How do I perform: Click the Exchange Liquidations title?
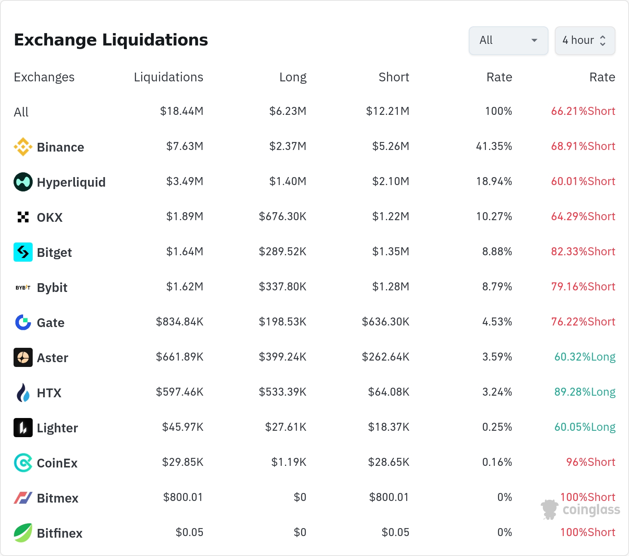pyautogui.click(x=111, y=40)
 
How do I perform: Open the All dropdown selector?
pyautogui.click(x=508, y=40)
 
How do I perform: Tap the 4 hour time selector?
pyautogui.click(x=585, y=40)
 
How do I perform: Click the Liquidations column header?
pyautogui.click(x=168, y=77)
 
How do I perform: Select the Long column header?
pyautogui.click(x=293, y=77)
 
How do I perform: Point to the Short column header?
pyautogui.click(x=394, y=77)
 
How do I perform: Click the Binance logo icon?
pyautogui.click(x=23, y=147)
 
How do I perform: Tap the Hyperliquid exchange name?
pyautogui.click(x=71, y=182)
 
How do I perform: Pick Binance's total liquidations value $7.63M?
pyautogui.click(x=185, y=146)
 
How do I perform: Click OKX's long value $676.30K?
pyautogui.click(x=283, y=217)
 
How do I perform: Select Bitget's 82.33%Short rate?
pyautogui.click(x=583, y=252)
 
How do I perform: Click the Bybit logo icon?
pyautogui.click(x=23, y=287)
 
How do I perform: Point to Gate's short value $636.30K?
pyautogui.click(x=385, y=322)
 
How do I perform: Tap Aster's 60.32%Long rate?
pyautogui.click(x=585, y=357)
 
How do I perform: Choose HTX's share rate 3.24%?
pyautogui.click(x=497, y=392)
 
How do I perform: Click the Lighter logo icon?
pyautogui.click(x=23, y=428)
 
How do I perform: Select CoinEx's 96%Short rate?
pyautogui.click(x=591, y=462)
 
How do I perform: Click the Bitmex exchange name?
pyautogui.click(x=58, y=498)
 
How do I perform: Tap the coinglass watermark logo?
pyautogui.click(x=580, y=509)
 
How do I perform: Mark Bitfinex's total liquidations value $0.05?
pyautogui.click(x=189, y=532)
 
